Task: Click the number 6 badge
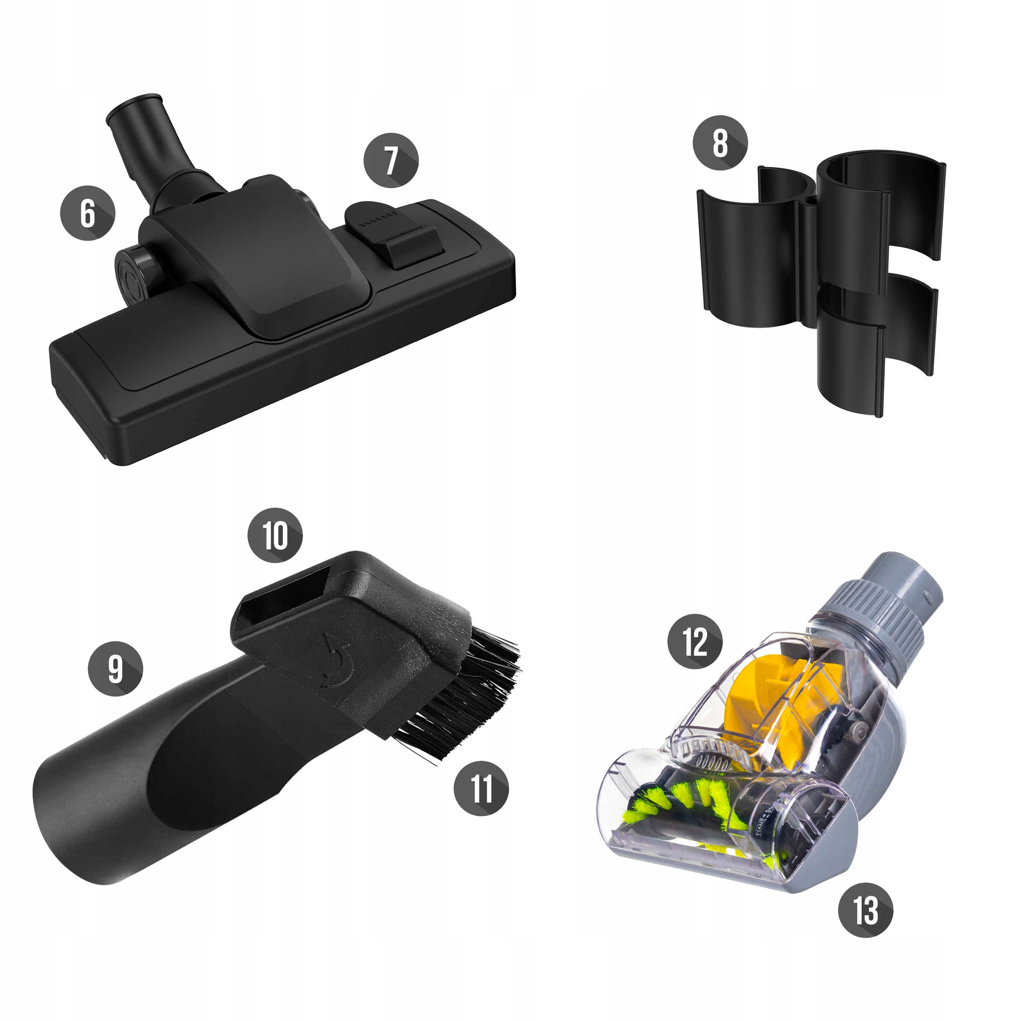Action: tap(88, 212)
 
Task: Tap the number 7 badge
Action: tap(390, 161)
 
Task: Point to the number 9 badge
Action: tap(115, 669)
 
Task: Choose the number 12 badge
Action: tap(695, 642)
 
